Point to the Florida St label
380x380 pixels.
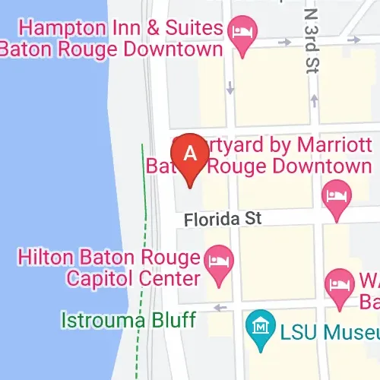[x=223, y=218]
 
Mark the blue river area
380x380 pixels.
[x=46, y=190]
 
